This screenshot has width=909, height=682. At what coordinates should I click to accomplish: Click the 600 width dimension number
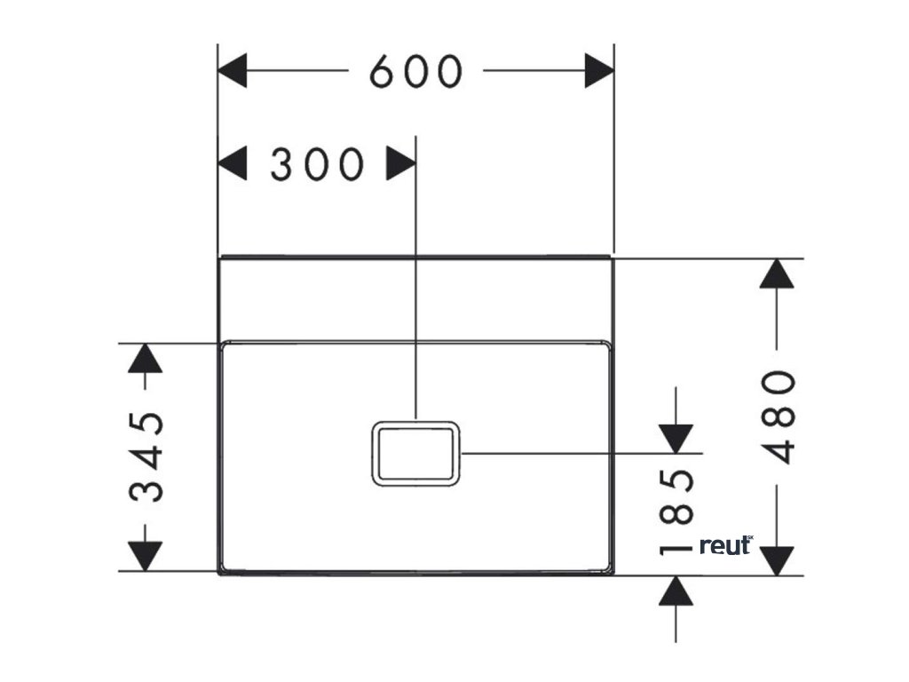[x=415, y=71]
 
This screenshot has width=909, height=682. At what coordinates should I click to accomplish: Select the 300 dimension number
[x=316, y=165]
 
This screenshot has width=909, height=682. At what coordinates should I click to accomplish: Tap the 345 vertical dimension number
[x=146, y=456]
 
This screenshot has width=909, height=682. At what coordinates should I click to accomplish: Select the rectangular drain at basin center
[x=415, y=454]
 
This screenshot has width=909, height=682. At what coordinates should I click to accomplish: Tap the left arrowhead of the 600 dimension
[x=233, y=71]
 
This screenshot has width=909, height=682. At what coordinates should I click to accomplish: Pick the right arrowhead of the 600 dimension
[x=599, y=71]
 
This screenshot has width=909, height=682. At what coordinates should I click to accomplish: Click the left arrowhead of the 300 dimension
[x=233, y=164]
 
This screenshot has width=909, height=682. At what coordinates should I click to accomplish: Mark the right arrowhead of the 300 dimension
[x=401, y=164]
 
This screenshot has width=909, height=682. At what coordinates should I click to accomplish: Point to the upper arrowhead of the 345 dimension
[x=146, y=359]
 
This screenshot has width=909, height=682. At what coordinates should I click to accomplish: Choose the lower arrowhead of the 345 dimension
[x=146, y=556]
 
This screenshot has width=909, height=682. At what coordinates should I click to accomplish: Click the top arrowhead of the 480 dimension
[x=778, y=274]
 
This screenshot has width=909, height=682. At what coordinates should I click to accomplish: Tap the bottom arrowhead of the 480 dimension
[x=778, y=559]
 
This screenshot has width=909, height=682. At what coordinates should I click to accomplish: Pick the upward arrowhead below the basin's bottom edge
[x=676, y=591]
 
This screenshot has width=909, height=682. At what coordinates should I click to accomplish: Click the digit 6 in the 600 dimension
[x=383, y=71]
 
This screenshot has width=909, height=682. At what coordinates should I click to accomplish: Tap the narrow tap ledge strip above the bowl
[x=415, y=299]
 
